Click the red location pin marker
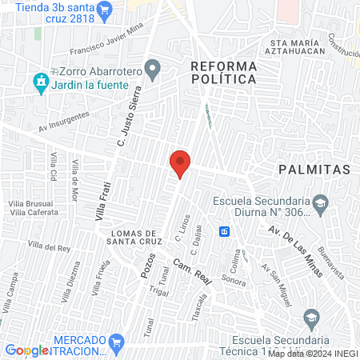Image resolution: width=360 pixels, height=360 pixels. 180,163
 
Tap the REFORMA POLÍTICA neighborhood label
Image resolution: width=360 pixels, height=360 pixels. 223,72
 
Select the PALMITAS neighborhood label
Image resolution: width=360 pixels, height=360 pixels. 314,170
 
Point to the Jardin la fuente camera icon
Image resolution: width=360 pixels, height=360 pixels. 38,81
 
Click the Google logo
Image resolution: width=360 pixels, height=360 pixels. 26,350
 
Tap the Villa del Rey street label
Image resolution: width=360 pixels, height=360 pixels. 50,247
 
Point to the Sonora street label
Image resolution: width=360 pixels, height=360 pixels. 233,282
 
